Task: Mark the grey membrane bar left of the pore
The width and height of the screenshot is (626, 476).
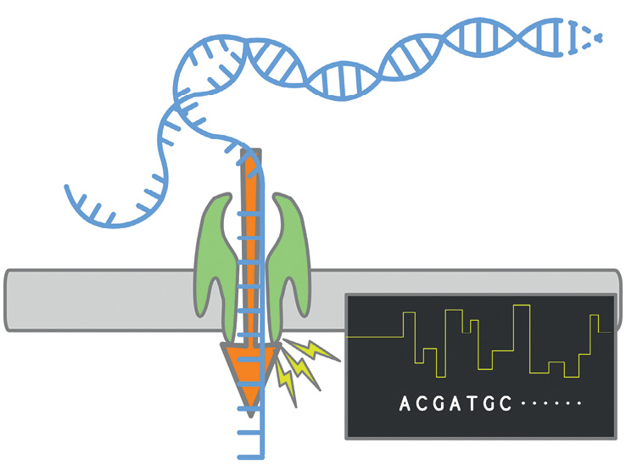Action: [102, 299]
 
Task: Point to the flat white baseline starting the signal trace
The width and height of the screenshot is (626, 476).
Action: [373, 336]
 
